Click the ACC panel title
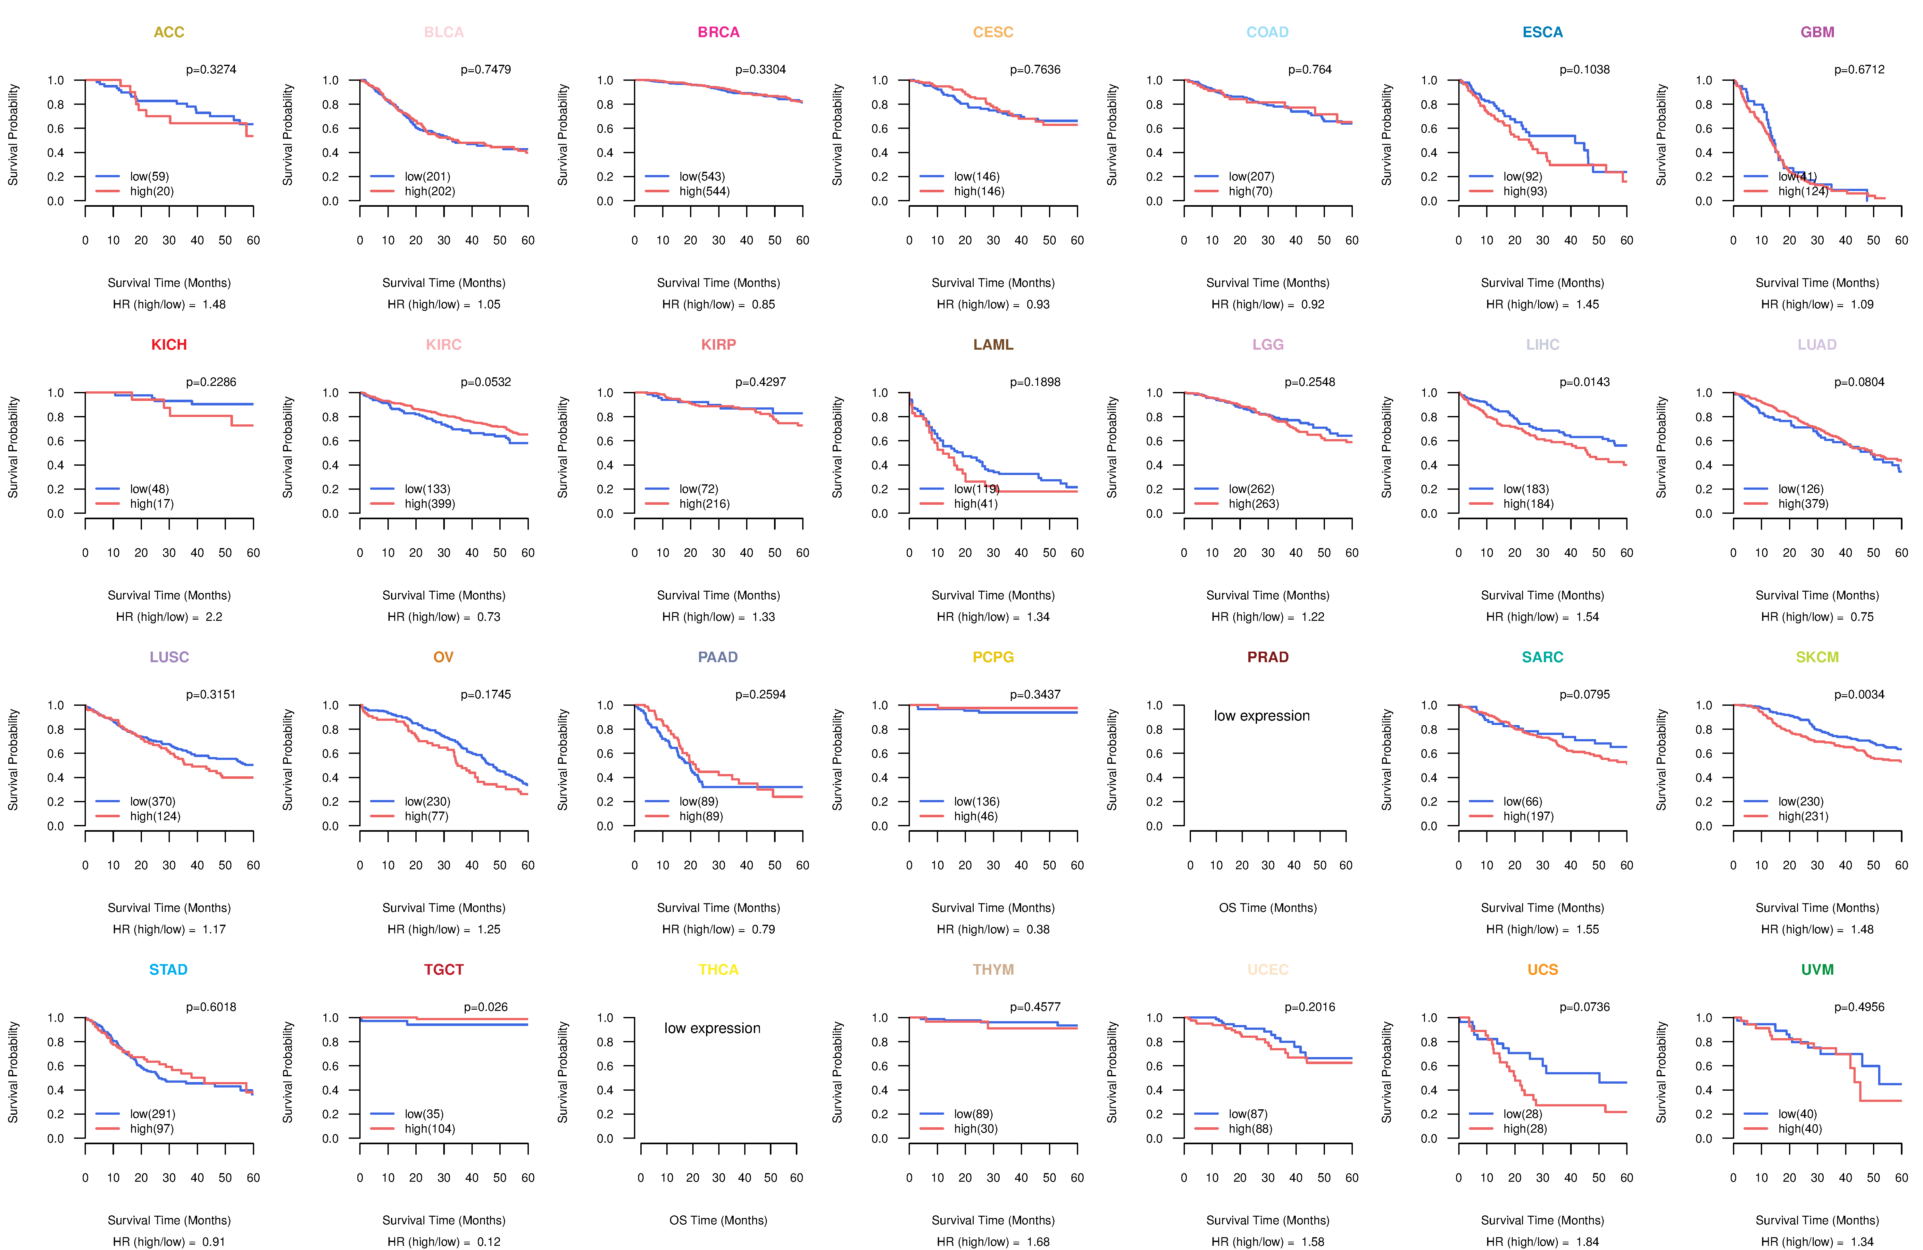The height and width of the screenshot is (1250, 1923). click(169, 32)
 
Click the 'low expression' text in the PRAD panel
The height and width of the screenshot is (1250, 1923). click(1261, 716)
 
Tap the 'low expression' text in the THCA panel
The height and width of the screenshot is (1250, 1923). click(712, 1029)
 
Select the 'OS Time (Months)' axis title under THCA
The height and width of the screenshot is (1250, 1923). click(718, 1220)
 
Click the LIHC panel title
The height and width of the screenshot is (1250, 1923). click(1543, 345)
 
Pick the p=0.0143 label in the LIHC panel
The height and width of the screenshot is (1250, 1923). click(1585, 382)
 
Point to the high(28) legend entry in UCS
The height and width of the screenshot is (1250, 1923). click(1525, 1129)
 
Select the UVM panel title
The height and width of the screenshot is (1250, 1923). click(1817, 970)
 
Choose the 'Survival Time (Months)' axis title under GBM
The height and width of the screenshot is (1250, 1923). click(1817, 283)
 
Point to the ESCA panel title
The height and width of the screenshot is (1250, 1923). click(1543, 32)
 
